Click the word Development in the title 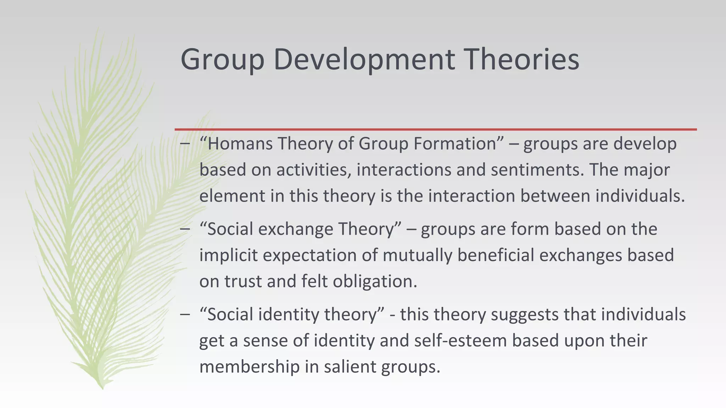[x=364, y=59]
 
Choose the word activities [x=314, y=170]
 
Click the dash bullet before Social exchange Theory [x=185, y=229]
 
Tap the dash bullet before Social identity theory [x=185, y=314]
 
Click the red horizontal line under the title [x=435, y=130]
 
